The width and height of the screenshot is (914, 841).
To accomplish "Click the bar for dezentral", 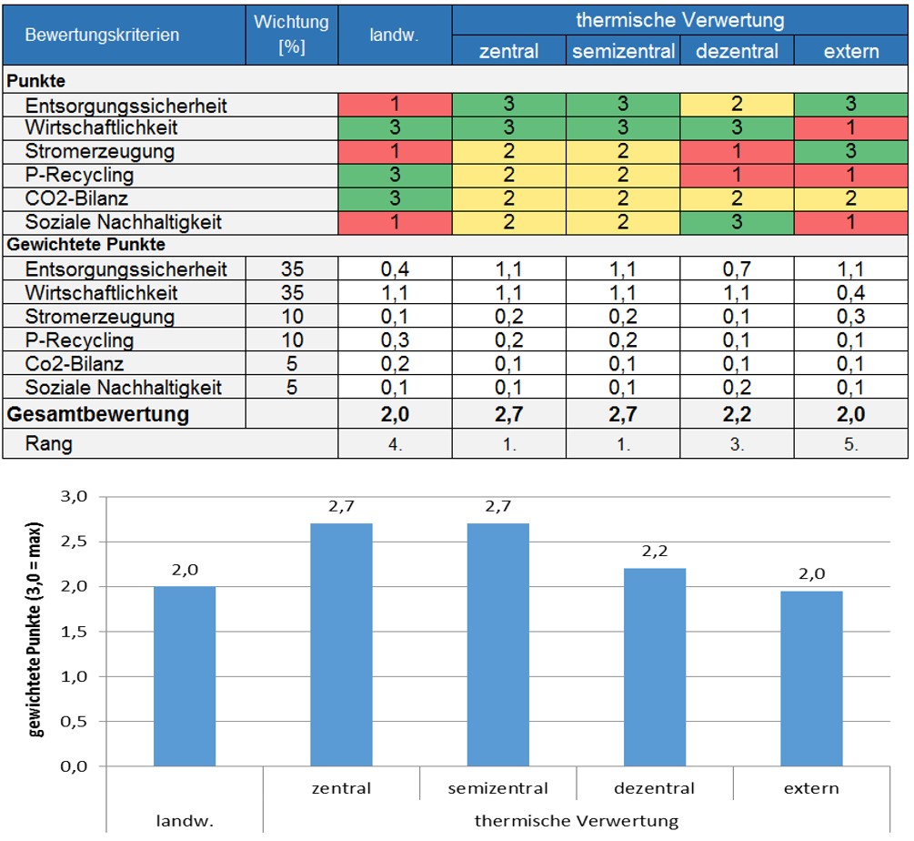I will click(655, 667).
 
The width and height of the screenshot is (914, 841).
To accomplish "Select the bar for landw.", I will click(185, 676).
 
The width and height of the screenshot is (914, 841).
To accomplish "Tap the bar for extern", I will click(811, 678).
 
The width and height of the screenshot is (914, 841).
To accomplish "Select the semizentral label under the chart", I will click(498, 788).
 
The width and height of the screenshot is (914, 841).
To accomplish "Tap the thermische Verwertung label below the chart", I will click(577, 821).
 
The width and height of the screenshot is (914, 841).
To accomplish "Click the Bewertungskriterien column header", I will click(102, 35).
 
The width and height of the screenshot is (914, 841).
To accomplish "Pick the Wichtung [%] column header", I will click(291, 34).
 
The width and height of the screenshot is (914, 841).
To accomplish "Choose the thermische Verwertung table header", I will click(680, 19).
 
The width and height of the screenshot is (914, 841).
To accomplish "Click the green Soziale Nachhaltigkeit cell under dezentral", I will click(738, 221).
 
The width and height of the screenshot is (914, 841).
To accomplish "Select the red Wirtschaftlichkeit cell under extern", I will click(851, 127).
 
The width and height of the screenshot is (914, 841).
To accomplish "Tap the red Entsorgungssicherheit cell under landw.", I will click(395, 105).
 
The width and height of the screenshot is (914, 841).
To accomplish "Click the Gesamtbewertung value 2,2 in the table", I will click(738, 415).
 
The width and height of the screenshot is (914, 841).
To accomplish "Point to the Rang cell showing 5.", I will click(851, 445).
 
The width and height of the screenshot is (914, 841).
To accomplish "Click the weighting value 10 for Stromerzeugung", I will click(291, 317).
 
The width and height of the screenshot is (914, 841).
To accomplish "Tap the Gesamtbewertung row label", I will click(99, 415).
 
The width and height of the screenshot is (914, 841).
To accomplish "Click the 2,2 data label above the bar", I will click(655, 552).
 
